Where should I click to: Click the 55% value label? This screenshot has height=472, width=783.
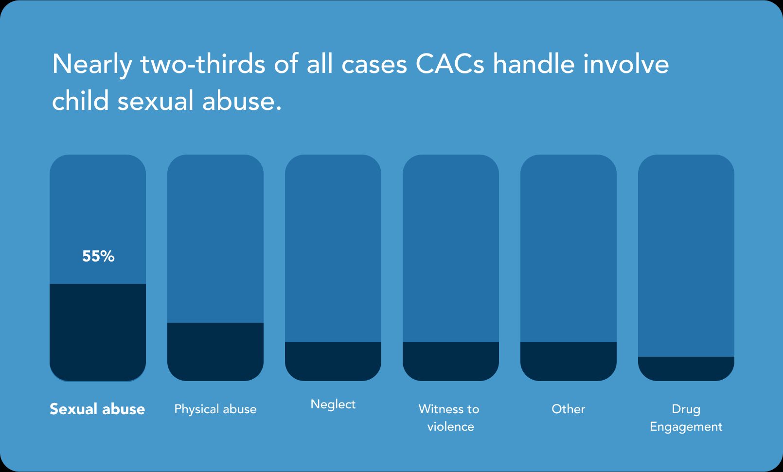click(98, 256)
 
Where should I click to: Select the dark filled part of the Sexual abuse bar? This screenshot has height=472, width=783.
click(98, 332)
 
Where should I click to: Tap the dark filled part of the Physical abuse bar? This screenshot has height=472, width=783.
click(215, 352)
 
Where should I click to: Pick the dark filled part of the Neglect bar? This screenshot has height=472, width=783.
click(333, 362)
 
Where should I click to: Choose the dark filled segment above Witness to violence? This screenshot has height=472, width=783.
click(451, 362)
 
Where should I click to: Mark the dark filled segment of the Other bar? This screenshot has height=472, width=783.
click(569, 362)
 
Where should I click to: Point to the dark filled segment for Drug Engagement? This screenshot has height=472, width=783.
click(686, 369)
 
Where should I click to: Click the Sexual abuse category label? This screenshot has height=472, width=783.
click(97, 409)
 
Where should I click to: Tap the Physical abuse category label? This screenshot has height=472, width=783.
click(215, 409)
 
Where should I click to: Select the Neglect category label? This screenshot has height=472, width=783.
click(333, 404)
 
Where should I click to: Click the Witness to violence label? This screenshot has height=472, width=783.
click(450, 418)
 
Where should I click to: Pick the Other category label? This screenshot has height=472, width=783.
click(569, 409)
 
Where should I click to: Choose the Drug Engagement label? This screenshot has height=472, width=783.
click(686, 418)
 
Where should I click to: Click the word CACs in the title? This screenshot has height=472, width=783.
click(450, 64)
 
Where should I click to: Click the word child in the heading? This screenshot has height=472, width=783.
click(80, 100)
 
